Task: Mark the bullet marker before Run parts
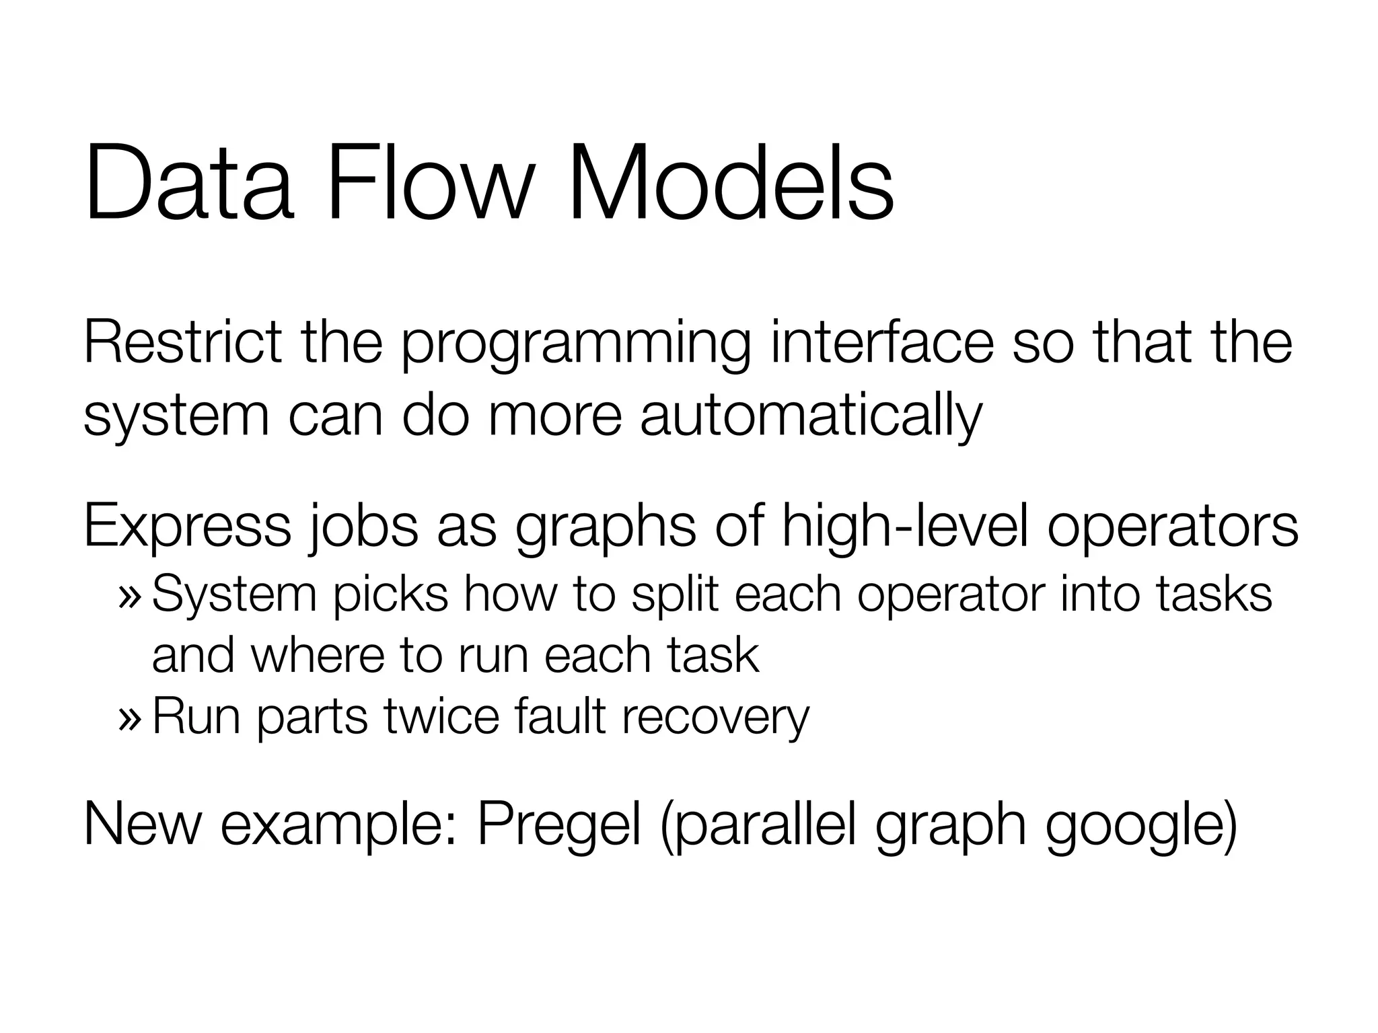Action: (x=129, y=718)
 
